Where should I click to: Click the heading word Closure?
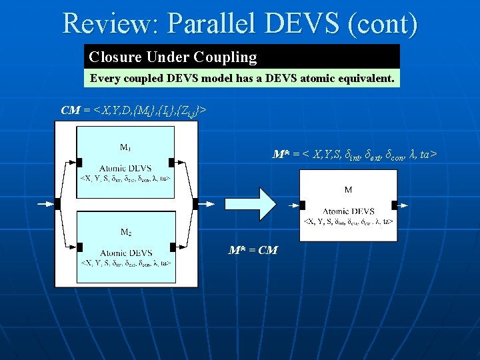pyautogui.click(x=114, y=57)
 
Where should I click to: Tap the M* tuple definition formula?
pyautogui.click(x=355, y=155)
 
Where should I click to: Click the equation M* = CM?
pyautogui.click(x=253, y=250)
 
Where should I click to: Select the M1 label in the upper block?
pyautogui.click(x=125, y=147)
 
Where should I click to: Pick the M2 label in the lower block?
pyautogui.click(x=125, y=232)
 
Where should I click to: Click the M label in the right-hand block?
pyautogui.click(x=348, y=190)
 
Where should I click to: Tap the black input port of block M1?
pyautogui.click(x=79, y=162)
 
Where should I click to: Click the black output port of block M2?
pyautogui.click(x=172, y=247)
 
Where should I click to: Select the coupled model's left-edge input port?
pyautogui.click(x=57, y=203)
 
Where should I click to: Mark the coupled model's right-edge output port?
pyautogui.click(x=195, y=203)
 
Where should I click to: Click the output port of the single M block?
pyautogui.click(x=395, y=205)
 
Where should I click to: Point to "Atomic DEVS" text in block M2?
pyautogui.click(x=125, y=253)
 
